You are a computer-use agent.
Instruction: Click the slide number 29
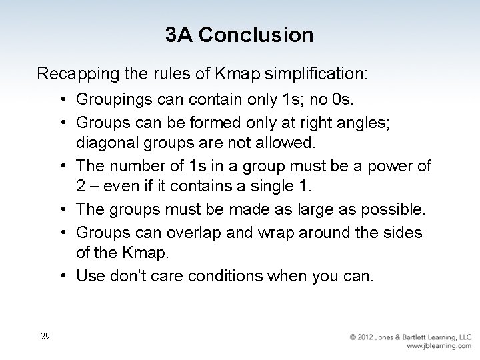pos(45,336)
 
